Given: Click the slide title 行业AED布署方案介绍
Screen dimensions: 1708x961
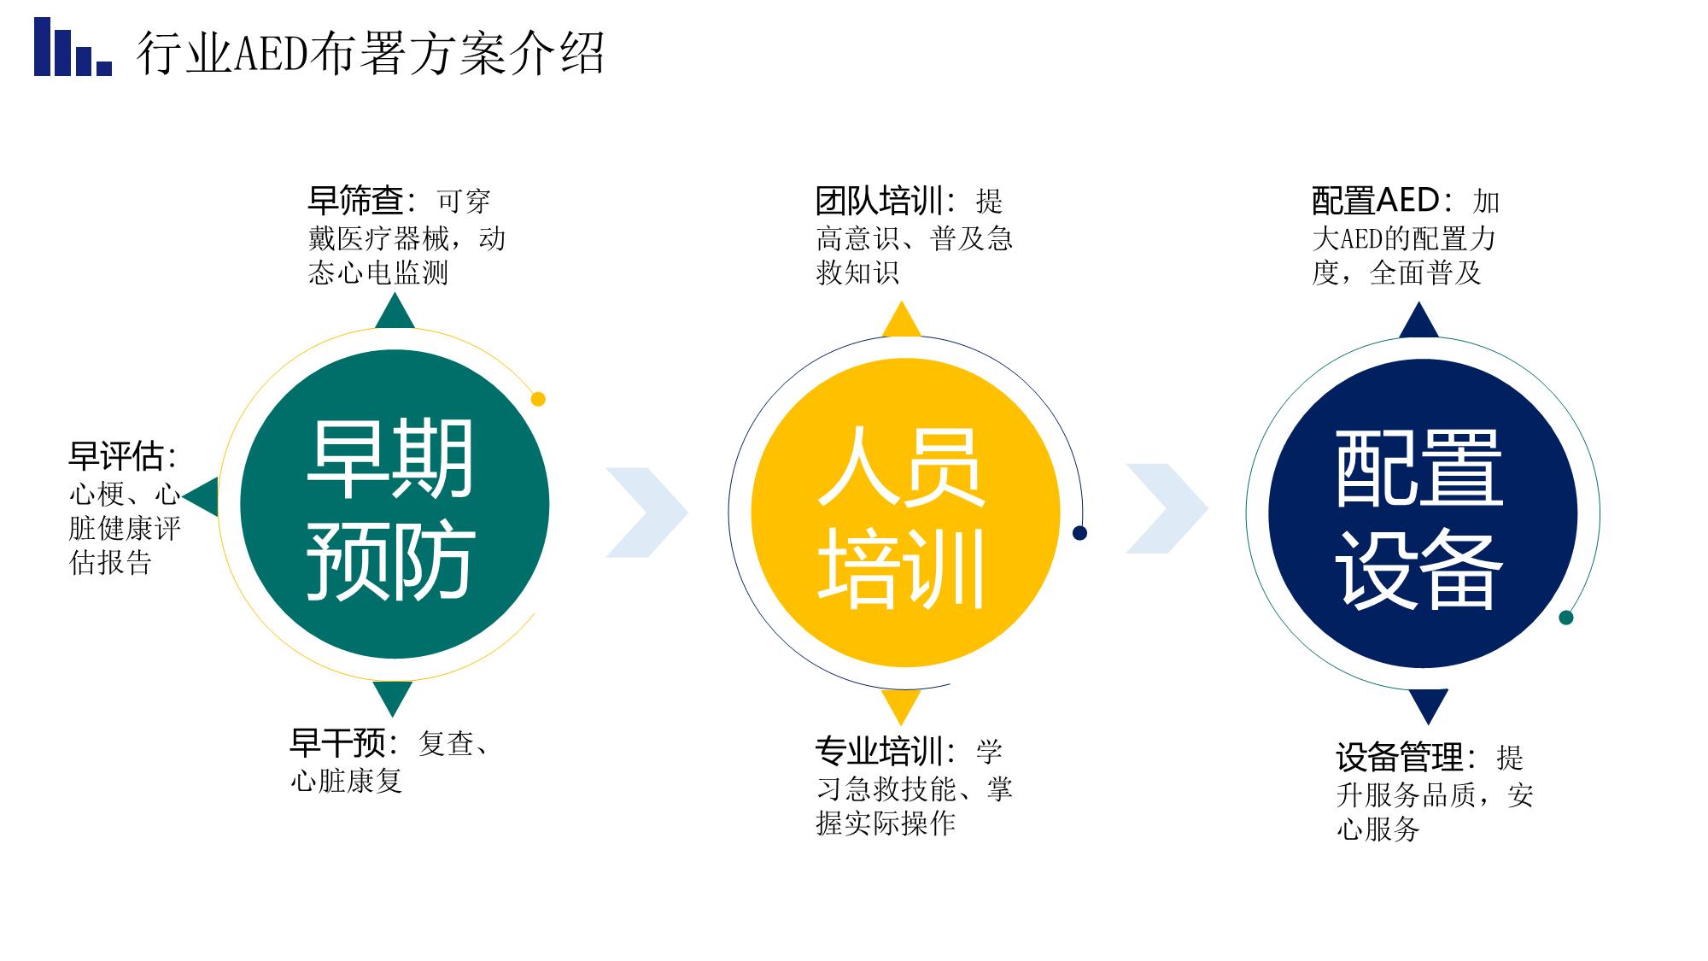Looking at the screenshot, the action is coord(371,53).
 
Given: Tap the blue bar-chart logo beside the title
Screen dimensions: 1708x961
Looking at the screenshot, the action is coord(73,47).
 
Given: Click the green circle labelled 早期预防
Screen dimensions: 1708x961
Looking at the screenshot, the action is coord(395,505).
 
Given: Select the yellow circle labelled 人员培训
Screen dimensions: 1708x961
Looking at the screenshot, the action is coord(905,513).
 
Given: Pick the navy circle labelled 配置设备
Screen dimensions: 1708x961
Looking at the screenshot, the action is coord(1423,513).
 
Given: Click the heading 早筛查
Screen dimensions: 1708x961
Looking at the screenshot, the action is coord(355,201).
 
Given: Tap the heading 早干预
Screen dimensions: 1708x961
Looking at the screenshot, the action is coord(338,743).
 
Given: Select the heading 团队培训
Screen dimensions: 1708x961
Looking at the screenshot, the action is coord(879,201).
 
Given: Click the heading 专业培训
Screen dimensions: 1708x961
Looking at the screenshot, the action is coord(879,751).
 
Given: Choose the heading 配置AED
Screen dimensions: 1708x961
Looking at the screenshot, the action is coord(1376,201).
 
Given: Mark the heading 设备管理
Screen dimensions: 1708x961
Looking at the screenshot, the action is coord(1401,757).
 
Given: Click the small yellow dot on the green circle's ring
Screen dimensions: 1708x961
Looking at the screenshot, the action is coord(538,399).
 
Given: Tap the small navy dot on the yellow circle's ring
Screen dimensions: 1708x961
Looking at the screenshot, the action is coord(1079,533).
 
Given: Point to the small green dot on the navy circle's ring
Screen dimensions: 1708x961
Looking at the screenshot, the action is coord(1565,618).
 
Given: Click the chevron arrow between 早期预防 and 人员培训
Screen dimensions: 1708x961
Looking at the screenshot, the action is coord(646,513).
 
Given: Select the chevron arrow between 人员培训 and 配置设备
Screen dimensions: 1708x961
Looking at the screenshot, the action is coord(1167,508).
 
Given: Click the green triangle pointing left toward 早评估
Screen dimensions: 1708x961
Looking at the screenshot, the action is coord(201,496).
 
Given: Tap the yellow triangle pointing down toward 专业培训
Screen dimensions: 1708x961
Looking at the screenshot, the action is coord(901,706).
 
